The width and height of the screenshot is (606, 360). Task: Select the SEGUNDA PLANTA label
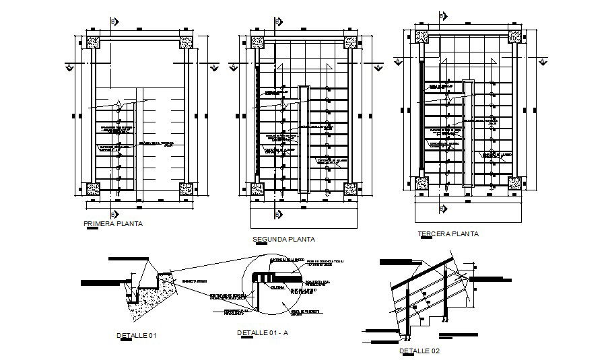[283, 239]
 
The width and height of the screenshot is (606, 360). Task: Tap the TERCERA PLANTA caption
[448, 234]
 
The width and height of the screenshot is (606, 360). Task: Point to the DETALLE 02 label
[420, 351]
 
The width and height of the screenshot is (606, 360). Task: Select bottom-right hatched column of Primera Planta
[186, 189]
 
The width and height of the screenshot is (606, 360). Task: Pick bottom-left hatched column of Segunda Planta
[257, 189]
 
